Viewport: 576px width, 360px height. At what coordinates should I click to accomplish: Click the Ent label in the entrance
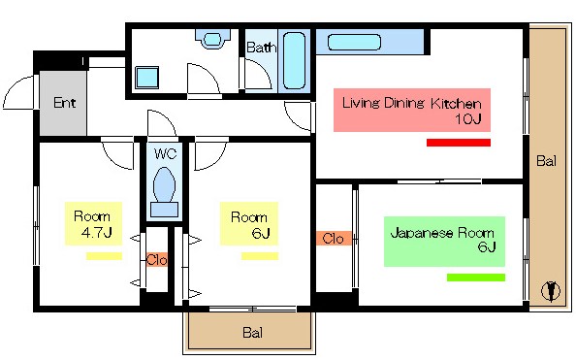64,103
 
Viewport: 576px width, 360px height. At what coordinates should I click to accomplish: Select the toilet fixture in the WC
163,188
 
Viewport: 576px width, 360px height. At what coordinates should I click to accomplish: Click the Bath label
260,47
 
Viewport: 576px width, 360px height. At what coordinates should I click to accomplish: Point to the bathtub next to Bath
295,60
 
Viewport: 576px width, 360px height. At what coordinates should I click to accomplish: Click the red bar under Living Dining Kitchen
458,143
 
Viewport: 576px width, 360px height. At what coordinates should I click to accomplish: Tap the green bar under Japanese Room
475,278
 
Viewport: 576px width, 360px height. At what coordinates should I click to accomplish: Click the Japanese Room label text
442,233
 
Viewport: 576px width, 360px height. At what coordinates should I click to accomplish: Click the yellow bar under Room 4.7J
103,256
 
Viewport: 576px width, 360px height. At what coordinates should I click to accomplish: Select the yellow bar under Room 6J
259,256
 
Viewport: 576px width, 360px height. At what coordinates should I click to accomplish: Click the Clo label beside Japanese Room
332,238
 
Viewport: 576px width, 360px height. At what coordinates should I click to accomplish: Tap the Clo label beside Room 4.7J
156,259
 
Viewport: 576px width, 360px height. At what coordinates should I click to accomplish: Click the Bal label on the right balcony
547,161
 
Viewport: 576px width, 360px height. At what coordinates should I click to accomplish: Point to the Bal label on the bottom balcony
251,333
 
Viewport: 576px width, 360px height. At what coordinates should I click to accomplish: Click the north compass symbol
551,289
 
